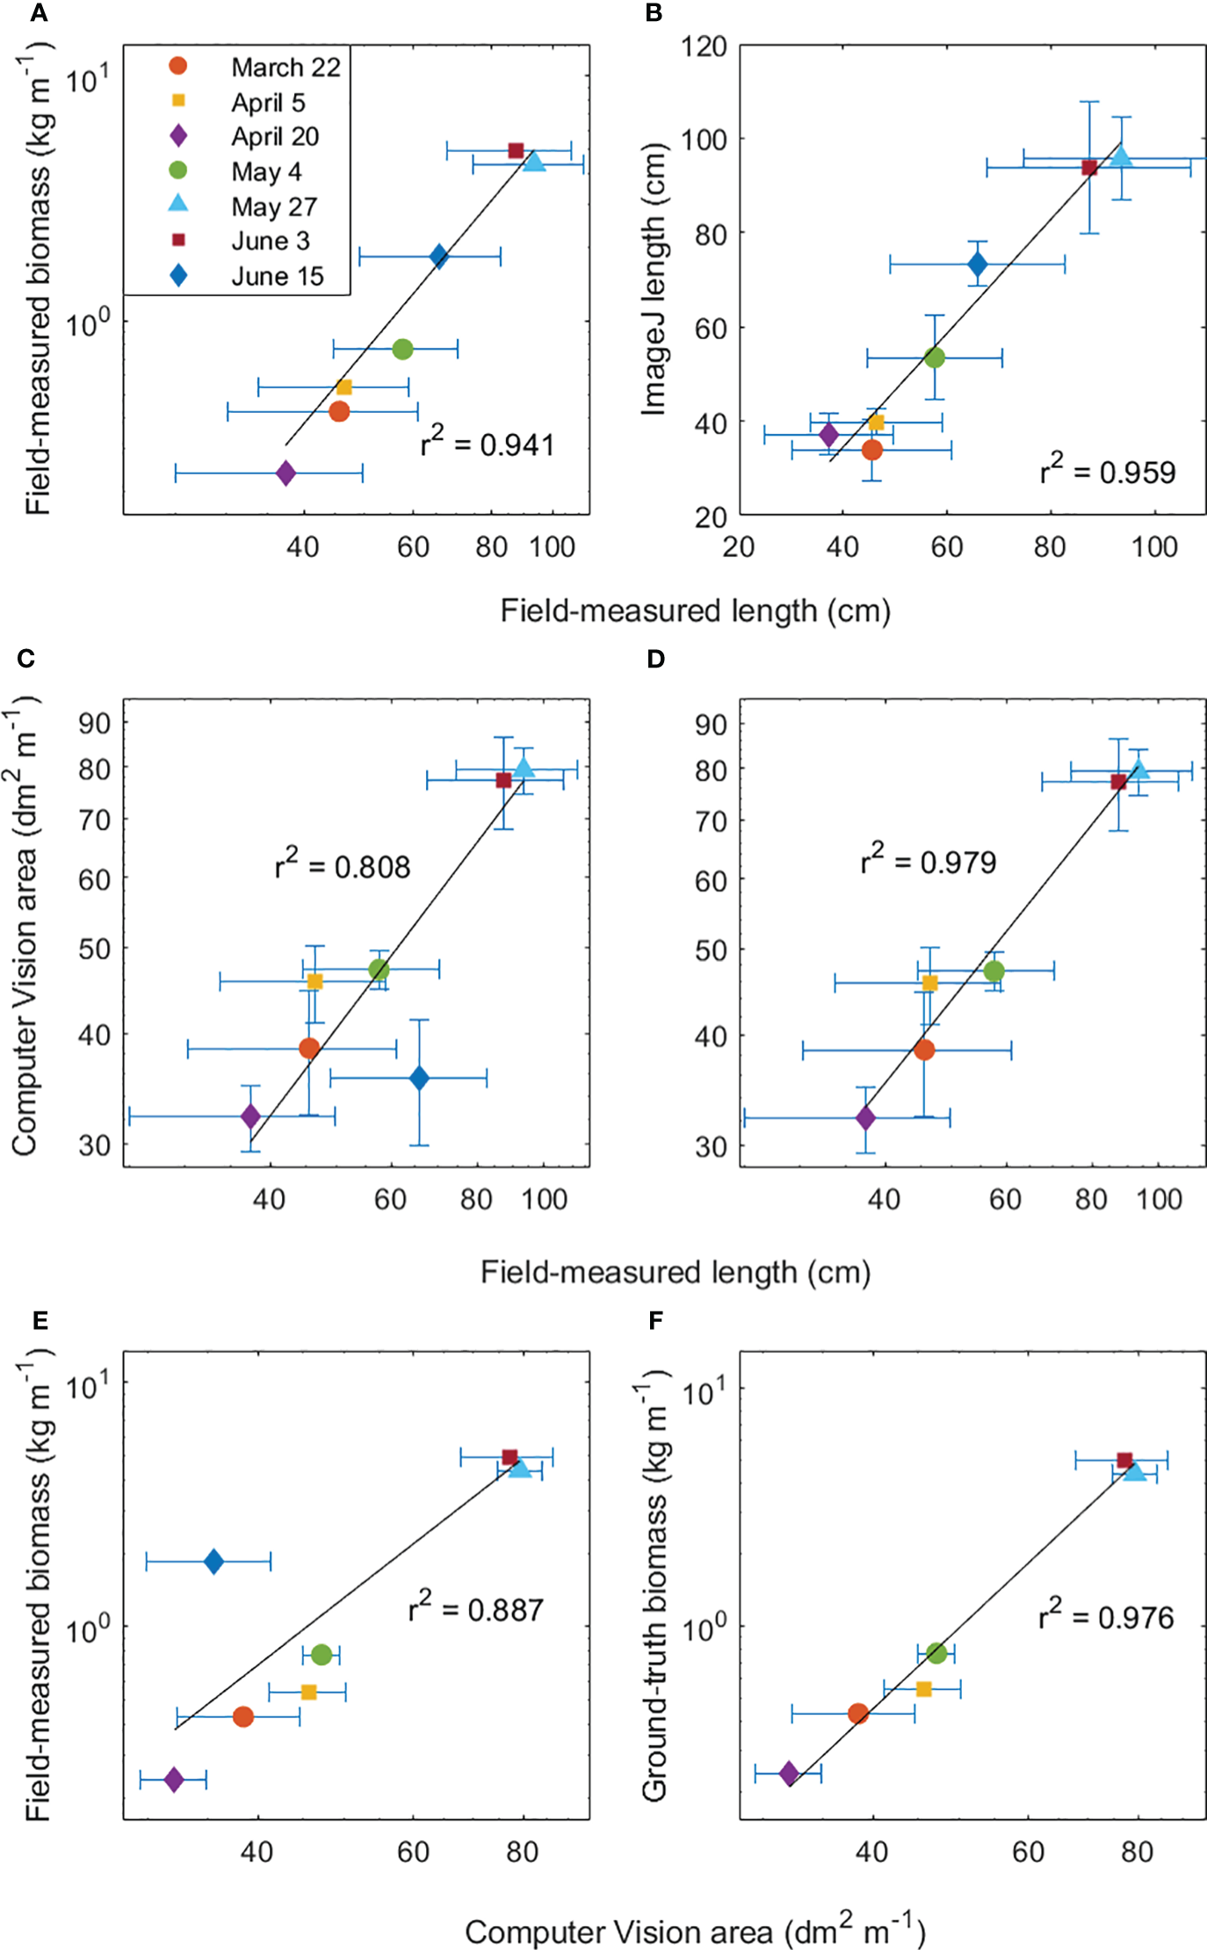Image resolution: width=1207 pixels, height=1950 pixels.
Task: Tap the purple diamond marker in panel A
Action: [x=285, y=473]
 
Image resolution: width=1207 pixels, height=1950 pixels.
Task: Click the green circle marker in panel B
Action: [x=935, y=357]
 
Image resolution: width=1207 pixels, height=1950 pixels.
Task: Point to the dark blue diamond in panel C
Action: [x=419, y=1078]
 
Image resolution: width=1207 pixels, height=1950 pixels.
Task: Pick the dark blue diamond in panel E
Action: [x=213, y=1562]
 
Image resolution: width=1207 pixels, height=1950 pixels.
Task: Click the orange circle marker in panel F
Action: [x=858, y=1714]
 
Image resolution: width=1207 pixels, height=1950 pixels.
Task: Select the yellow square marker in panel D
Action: [x=930, y=984]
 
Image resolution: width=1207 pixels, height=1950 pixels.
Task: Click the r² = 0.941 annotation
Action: [x=488, y=444]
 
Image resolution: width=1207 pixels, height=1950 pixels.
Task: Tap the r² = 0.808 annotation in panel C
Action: [x=343, y=865]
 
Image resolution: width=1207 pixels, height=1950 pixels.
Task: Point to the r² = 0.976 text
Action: [x=1106, y=1616]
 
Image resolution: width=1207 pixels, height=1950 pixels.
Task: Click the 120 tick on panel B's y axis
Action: [x=705, y=46]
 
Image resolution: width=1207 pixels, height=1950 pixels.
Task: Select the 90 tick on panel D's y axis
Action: [x=711, y=725]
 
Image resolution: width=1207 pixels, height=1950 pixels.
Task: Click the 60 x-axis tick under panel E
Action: [x=413, y=1852]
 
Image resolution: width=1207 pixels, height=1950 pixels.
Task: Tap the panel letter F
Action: [x=655, y=1321]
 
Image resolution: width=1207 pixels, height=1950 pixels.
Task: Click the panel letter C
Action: [x=25, y=659]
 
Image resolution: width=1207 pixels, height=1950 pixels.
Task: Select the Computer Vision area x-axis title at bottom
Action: [x=694, y=1931]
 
